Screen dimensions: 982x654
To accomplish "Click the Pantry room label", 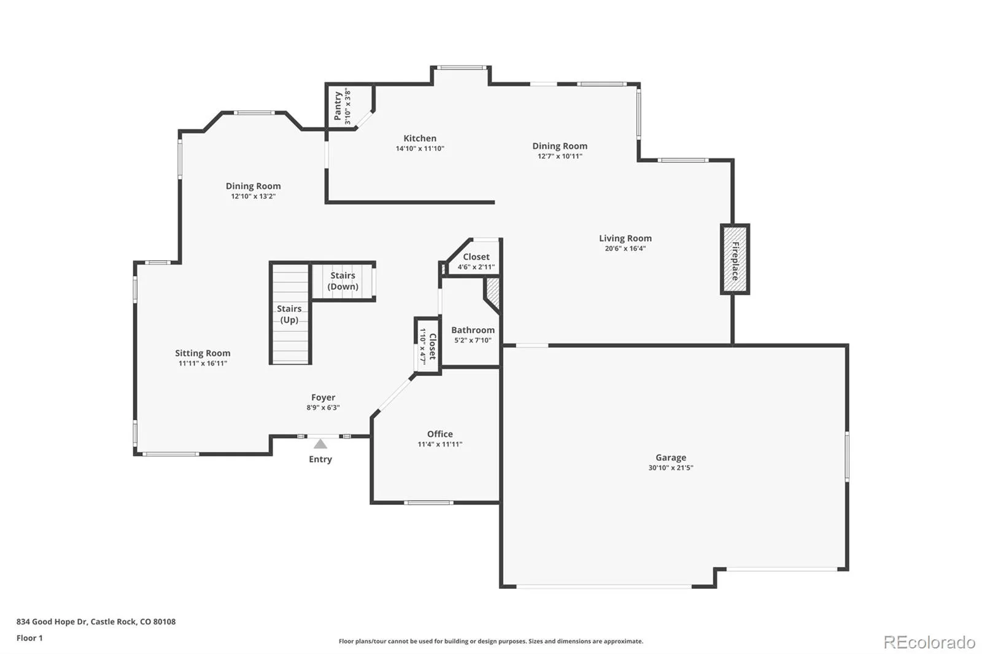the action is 338,106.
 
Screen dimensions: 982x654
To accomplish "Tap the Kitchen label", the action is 420,138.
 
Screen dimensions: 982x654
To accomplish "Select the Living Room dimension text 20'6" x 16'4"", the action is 625,248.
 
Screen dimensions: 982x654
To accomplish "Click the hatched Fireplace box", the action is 735,259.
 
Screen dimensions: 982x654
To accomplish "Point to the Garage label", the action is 671,457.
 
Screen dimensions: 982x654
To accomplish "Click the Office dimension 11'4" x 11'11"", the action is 439,444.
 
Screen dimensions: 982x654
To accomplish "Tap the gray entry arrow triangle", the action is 320,444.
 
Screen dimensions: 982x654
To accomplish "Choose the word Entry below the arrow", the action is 320,459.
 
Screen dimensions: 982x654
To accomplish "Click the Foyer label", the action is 323,397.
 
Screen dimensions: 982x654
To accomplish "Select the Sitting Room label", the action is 203,353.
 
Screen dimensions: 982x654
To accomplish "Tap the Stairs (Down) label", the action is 343,280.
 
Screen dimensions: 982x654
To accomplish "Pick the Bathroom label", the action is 473,329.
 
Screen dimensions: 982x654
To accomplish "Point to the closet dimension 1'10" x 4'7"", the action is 423,346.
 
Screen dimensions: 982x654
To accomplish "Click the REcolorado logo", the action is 929,642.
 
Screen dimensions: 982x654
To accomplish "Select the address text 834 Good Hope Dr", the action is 52,621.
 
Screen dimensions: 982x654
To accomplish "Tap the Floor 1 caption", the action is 29,638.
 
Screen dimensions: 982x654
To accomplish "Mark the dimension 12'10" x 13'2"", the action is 253,196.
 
